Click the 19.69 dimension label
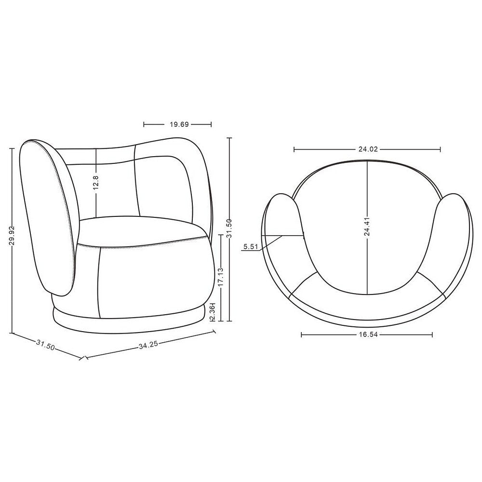pyautogui.click(x=179, y=124)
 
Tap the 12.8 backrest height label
pyautogui.click(x=96, y=183)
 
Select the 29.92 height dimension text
pyautogui.click(x=12, y=236)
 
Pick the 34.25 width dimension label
pyautogui.click(x=148, y=345)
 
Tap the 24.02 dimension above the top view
pyautogui.click(x=368, y=149)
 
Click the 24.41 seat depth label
pyautogui.click(x=367, y=227)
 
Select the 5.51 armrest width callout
pyautogui.click(x=251, y=246)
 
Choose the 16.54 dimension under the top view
pyautogui.click(x=368, y=335)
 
